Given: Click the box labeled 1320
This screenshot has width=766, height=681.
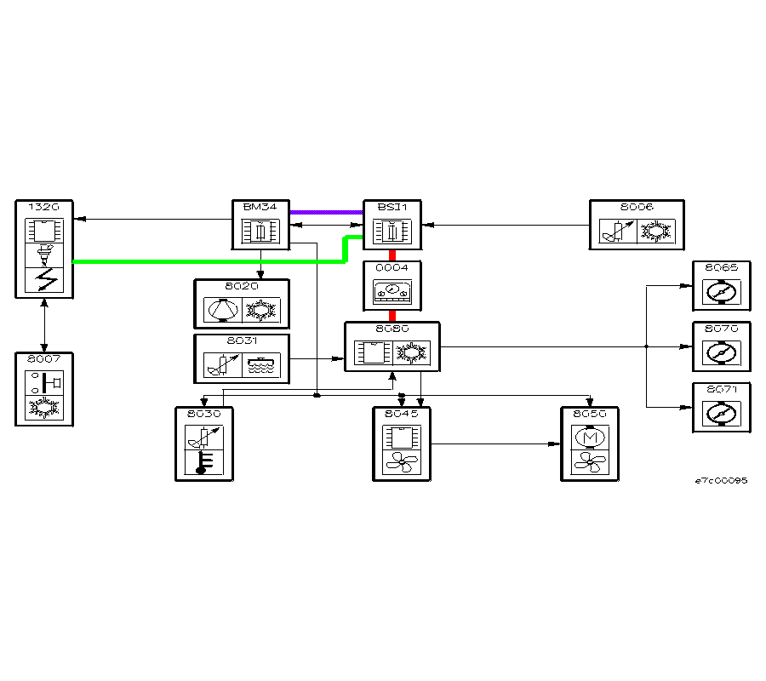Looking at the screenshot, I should pos(44,249).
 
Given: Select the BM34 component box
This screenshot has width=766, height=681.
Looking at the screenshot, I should pos(260,226).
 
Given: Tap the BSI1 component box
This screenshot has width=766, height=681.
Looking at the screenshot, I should pos(392,226).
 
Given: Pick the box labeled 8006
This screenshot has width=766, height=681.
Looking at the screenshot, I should pos(637,226).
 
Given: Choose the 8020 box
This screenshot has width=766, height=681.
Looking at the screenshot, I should pos(242,304).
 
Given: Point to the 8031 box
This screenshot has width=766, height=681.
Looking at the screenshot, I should pos(242,359).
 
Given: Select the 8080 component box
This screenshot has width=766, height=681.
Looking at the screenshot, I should pos(392,346).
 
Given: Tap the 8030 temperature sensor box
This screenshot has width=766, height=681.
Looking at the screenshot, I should pos(203,444).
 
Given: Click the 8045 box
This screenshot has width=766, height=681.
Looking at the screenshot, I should pos(401,444).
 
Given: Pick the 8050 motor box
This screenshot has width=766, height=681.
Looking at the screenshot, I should pos(589,444).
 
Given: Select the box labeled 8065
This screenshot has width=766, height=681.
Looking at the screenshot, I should pos(721,286).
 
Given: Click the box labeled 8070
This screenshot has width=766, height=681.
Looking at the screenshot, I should pos(721,346).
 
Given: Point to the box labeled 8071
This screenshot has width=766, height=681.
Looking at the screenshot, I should pos(721,408).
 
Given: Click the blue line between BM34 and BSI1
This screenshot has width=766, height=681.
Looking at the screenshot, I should pos(327,212).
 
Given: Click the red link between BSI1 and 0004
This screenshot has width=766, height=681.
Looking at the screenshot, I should pos(392,255).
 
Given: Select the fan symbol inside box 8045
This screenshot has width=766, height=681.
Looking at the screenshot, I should pos(401,462).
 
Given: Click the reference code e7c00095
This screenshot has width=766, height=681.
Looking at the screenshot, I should pos(721,481).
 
